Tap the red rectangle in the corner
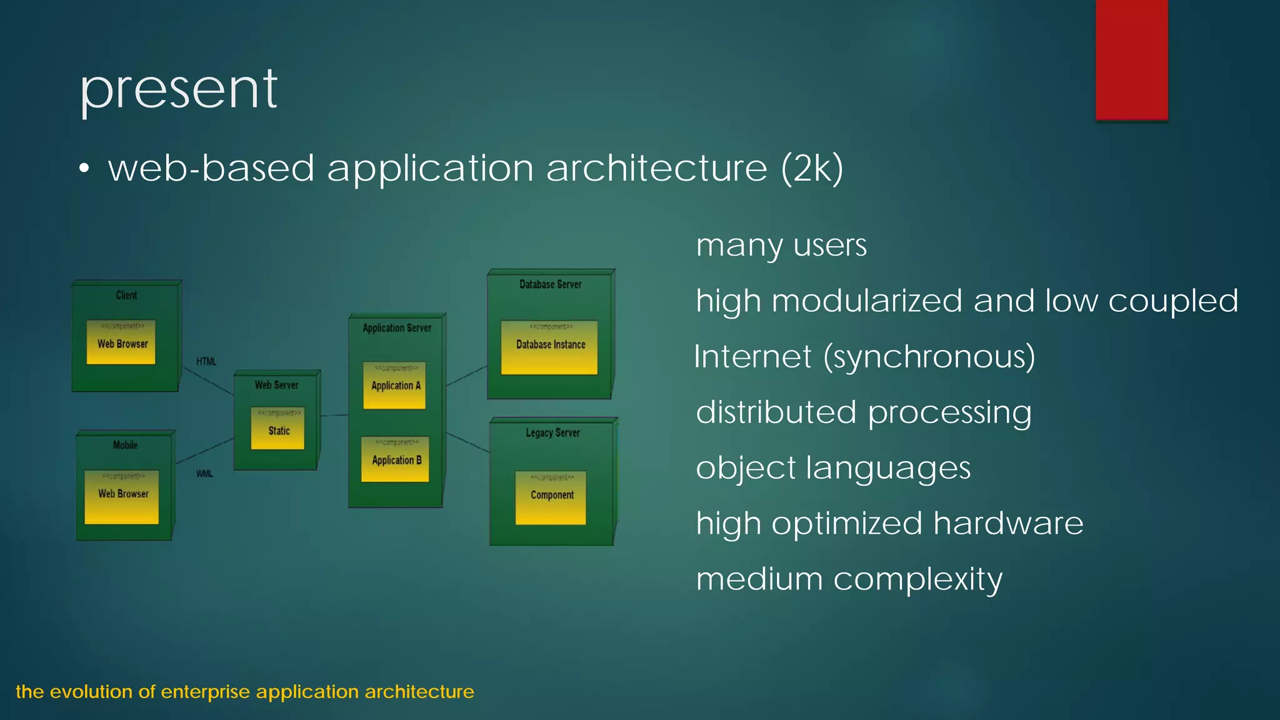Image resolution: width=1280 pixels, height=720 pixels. [x=1131, y=59]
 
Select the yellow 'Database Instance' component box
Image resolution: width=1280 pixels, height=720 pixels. [x=549, y=347]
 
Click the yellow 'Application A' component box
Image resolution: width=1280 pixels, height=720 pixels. [x=394, y=386]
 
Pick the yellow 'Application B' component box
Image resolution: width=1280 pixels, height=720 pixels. [x=395, y=459]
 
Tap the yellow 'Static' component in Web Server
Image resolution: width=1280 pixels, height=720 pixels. [x=277, y=429]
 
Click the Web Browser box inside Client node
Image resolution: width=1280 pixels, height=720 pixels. [x=121, y=342]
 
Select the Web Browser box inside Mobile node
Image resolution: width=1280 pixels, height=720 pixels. [x=122, y=497]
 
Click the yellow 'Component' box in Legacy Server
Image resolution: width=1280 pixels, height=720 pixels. [x=551, y=497]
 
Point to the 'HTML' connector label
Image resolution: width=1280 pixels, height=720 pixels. [x=206, y=361]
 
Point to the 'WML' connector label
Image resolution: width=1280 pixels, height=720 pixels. [x=204, y=474]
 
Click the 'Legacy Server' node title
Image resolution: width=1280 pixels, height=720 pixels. [x=552, y=432]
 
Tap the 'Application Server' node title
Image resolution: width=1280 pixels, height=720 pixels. [x=397, y=327]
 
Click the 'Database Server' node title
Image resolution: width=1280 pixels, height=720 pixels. [x=550, y=284]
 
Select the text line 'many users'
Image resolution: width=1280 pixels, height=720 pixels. [x=781, y=245]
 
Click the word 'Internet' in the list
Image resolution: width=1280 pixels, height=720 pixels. [x=752, y=357]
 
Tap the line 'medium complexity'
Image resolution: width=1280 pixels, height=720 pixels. [x=849, y=579]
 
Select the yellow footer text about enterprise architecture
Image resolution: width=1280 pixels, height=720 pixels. [x=245, y=692]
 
